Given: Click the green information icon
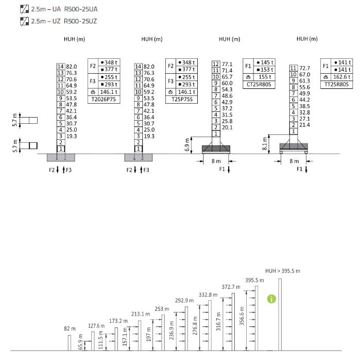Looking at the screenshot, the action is tap(271, 299).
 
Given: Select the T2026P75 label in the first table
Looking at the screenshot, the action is tap(104, 99).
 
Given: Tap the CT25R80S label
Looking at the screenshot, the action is tap(259, 85).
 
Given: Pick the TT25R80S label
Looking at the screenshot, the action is tap(336, 84).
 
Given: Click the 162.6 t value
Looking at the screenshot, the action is tap(342, 77).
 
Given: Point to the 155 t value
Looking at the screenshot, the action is tap(265, 77).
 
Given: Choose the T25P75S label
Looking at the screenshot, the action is tap(182, 99).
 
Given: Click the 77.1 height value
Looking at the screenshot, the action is tap(227, 64).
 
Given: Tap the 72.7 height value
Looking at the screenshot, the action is tap(304, 69).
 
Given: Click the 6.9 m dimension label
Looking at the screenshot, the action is tap(187, 144).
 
